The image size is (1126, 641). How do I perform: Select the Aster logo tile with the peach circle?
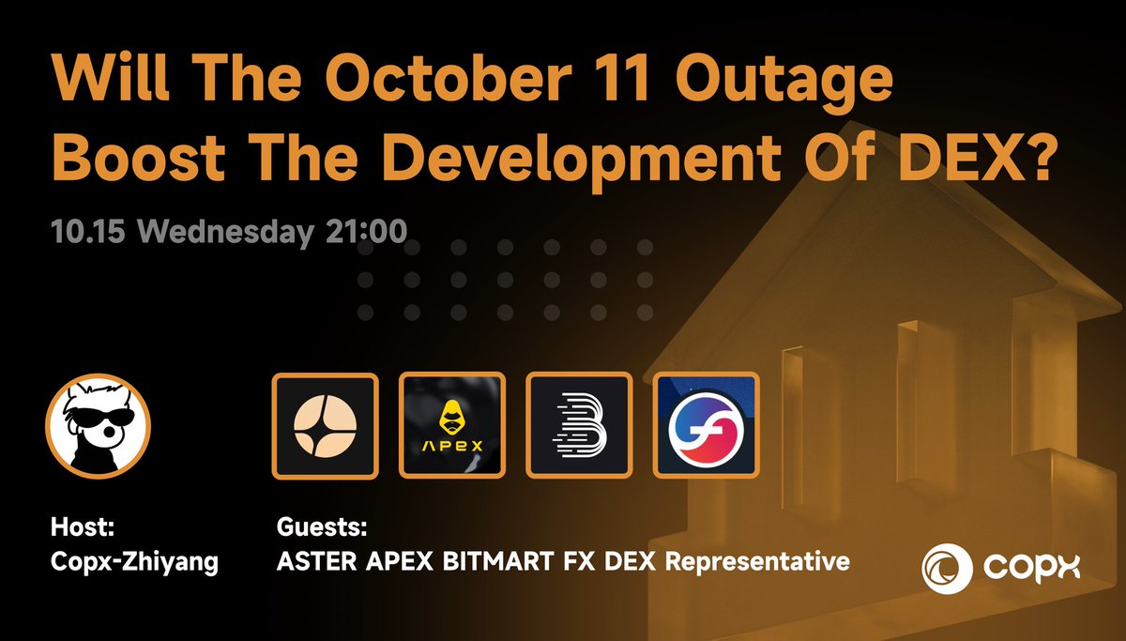(325, 427)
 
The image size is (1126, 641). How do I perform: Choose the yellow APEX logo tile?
(452, 427)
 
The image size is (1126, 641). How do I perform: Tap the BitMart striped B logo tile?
(579, 427)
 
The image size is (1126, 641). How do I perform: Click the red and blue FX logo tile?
(706, 427)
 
